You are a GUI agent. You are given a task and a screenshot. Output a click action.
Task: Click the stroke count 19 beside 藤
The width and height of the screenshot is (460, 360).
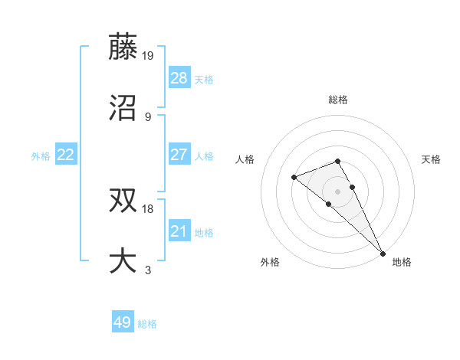pos(149,55)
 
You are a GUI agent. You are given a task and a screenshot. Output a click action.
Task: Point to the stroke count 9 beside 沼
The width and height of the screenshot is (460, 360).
pos(148,116)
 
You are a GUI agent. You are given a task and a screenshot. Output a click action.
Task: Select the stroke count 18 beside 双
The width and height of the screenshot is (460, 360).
pos(149,208)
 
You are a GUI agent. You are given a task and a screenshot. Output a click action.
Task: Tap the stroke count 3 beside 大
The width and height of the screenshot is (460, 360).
pos(148,270)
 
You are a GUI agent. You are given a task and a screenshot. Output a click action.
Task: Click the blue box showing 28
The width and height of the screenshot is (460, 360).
pos(179,78)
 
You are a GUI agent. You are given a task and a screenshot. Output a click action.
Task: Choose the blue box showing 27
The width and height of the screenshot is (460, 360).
pos(179,155)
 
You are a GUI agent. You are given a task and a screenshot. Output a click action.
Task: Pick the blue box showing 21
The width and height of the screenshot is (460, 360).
pos(179,231)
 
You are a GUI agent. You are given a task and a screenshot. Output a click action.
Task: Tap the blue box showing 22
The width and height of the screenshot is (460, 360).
pos(66,155)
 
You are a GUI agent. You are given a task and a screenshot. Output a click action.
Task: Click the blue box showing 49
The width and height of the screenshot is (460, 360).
pos(123,322)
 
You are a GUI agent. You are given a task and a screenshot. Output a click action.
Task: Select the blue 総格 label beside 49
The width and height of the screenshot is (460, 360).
pos(147,324)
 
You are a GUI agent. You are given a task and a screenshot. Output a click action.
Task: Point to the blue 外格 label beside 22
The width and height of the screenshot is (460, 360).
pos(41,155)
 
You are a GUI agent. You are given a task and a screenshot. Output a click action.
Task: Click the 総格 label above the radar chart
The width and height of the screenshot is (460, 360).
pos(338,100)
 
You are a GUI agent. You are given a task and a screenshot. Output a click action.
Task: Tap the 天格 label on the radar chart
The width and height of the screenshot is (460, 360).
pos(431,159)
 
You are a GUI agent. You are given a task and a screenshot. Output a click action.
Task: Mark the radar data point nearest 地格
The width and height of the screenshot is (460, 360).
pos(383,252)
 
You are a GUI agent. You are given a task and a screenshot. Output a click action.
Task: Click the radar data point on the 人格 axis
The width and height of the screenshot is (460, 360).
pos(294,178)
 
